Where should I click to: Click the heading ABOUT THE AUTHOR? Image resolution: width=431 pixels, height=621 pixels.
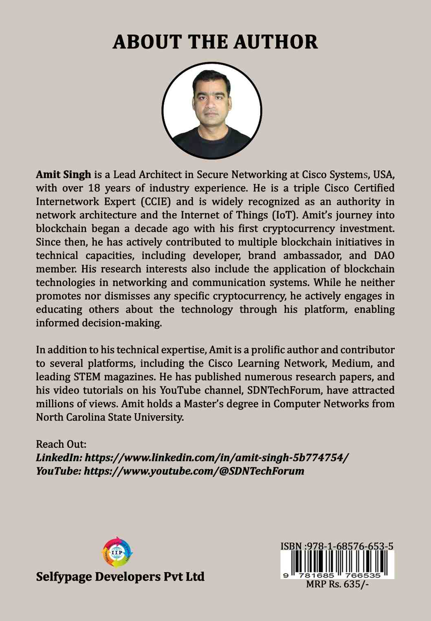tap(215, 42)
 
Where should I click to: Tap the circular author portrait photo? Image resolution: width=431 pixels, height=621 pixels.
tap(212, 111)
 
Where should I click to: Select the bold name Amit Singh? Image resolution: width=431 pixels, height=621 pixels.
tap(63, 175)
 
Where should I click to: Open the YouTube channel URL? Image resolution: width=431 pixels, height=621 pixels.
tap(194, 471)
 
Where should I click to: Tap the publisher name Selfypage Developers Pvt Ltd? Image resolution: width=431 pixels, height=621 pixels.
tap(120, 577)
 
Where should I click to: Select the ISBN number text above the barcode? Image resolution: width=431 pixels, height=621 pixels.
tap(336, 546)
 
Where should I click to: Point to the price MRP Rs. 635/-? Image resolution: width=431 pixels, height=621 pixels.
tap(336, 585)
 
